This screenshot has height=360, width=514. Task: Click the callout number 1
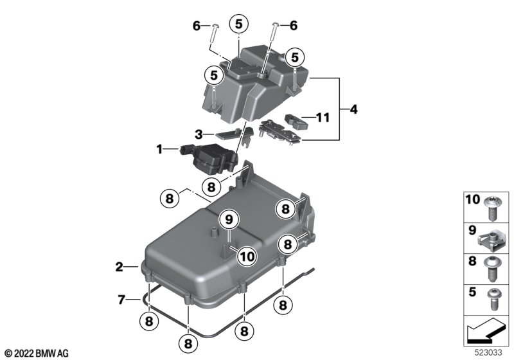pos(159,150)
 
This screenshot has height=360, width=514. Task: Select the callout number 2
pos(120,267)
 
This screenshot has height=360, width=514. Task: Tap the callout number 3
pos(199,134)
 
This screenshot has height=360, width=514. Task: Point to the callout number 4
pos(353,109)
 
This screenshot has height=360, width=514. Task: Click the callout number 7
pos(121,300)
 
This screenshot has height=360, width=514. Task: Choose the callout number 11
pos(323,118)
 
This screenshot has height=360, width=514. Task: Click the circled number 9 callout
pos(229,220)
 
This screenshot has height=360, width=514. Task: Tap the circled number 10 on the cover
pos(247,256)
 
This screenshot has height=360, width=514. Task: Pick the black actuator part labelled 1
pos(208,158)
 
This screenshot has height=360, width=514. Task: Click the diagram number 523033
pos(488,353)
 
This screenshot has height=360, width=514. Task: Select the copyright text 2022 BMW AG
pos(37,354)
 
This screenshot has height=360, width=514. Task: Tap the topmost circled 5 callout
pos(238,24)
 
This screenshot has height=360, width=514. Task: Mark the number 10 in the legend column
pos(473,199)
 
